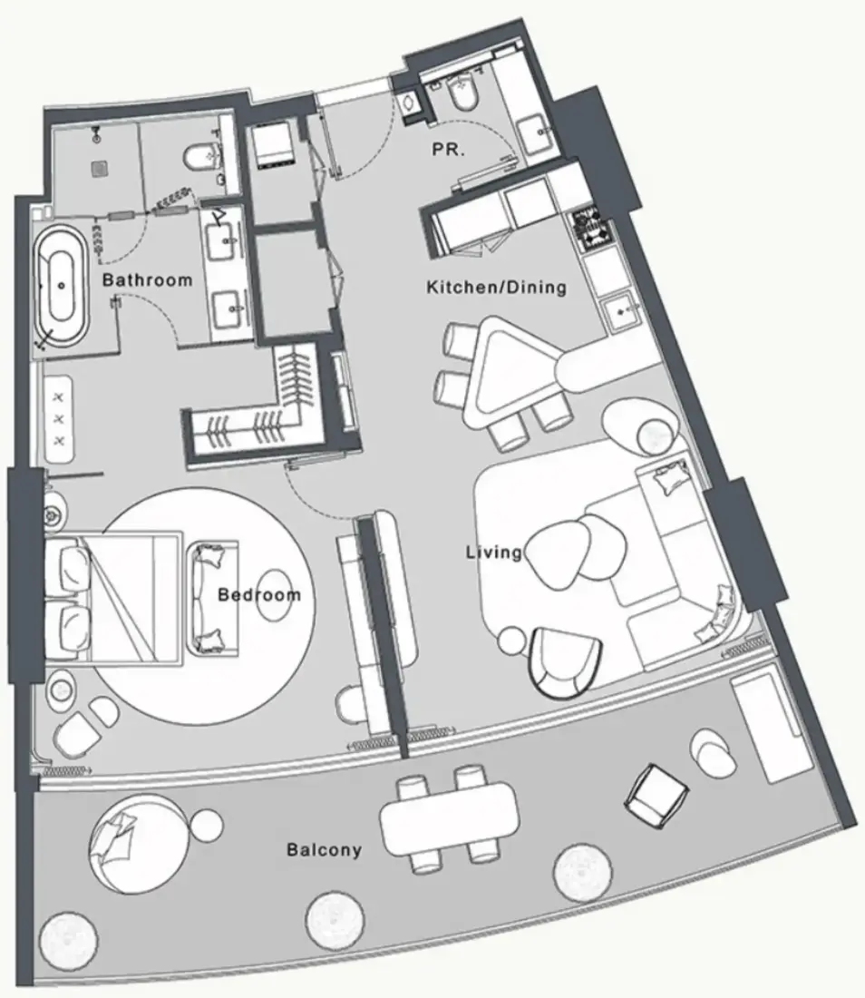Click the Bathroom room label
147,279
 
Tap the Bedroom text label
258,594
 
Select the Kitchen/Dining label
496,287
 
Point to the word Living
493,552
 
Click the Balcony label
324,849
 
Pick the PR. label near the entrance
449,150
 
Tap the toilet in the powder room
462,96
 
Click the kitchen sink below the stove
620,312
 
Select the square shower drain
99,168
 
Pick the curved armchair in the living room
565,662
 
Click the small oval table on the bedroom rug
276,595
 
